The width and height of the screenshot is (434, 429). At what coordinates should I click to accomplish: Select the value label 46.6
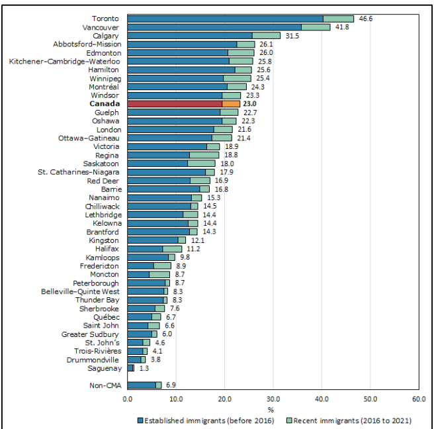[366, 19]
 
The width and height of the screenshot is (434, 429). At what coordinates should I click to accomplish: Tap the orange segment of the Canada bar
[231, 104]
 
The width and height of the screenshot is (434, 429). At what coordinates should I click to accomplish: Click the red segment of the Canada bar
[175, 104]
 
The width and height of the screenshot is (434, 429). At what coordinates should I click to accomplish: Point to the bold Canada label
[105, 104]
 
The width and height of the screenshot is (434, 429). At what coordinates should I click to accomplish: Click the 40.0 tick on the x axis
[322, 399]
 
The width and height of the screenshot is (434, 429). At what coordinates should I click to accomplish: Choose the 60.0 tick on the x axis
[419, 399]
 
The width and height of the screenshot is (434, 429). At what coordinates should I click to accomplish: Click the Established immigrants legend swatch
[140, 420]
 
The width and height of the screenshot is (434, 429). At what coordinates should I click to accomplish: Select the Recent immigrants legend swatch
[281, 420]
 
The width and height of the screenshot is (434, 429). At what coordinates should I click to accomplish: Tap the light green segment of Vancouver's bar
[316, 27]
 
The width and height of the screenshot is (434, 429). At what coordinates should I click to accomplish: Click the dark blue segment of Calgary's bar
[190, 36]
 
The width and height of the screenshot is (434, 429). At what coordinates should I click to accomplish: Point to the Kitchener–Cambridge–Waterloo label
[64, 61]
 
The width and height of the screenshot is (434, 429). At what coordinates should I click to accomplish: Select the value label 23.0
[250, 104]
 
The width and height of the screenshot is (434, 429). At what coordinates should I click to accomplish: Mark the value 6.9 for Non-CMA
[171, 385]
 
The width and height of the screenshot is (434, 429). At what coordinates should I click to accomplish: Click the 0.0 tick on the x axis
[128, 399]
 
